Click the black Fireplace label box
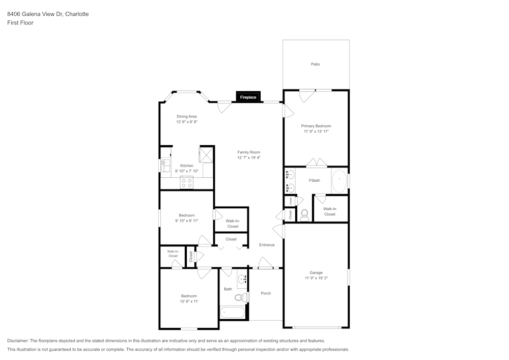(248, 97)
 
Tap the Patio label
(316, 64)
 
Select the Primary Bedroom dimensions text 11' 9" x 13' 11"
(316, 131)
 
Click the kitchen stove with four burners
(187, 183)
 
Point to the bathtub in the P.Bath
(339, 180)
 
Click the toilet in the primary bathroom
(305, 215)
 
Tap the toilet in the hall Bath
(240, 297)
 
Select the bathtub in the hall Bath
(233, 312)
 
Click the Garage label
(316, 272)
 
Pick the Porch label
(266, 293)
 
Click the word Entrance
(267, 245)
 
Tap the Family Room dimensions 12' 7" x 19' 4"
(249, 158)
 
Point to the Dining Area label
(186, 116)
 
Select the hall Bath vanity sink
(242, 279)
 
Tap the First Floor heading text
(20, 23)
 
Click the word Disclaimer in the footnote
(18, 341)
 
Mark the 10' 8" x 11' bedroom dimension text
(189, 301)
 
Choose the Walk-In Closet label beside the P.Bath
(330, 211)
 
